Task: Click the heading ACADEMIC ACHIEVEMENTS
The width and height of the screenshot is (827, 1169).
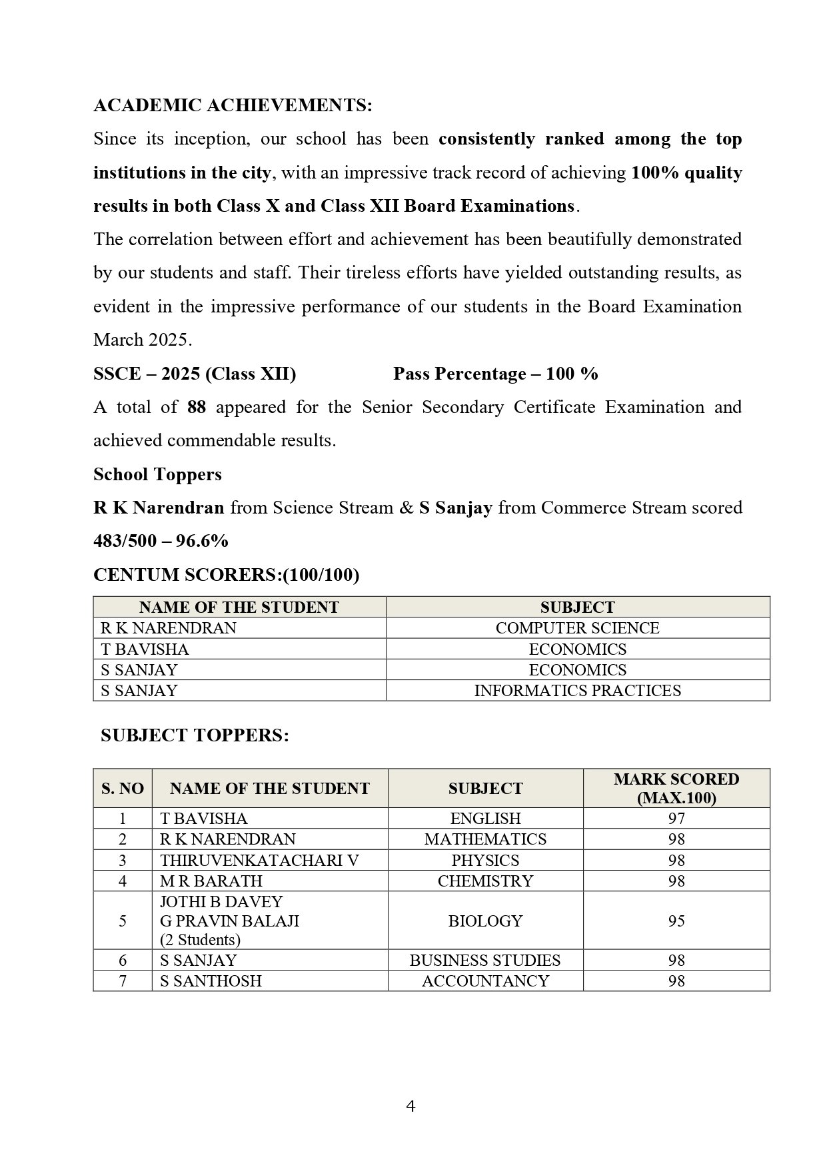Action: tap(233, 105)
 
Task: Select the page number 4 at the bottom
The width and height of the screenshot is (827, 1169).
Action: tap(411, 1106)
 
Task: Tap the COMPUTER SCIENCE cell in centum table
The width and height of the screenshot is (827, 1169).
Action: tap(577, 628)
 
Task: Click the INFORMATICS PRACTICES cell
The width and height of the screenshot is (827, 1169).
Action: tap(577, 690)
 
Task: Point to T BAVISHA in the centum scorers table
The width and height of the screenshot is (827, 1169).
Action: tap(145, 649)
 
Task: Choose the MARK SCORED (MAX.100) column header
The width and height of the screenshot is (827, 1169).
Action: tap(676, 788)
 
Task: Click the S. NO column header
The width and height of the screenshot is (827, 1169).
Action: tap(123, 789)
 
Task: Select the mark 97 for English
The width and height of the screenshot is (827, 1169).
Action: tap(676, 818)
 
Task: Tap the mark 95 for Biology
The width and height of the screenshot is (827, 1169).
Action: tap(676, 921)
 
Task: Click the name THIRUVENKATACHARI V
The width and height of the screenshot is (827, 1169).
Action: tap(259, 860)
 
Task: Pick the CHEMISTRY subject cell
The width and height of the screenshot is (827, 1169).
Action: tap(485, 881)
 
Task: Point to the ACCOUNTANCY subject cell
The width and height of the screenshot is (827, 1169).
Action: tap(485, 980)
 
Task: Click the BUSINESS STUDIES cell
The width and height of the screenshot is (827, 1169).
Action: tap(485, 960)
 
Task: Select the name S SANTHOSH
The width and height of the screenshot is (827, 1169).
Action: tap(211, 980)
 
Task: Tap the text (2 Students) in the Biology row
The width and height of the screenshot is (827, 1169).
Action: tap(200, 940)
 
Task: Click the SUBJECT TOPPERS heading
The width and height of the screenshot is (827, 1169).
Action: tap(195, 735)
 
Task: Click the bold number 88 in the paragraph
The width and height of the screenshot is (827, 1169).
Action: tap(197, 407)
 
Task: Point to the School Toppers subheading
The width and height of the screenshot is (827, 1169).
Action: tap(157, 474)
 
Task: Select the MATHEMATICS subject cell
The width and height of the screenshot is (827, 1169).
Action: tap(485, 839)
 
